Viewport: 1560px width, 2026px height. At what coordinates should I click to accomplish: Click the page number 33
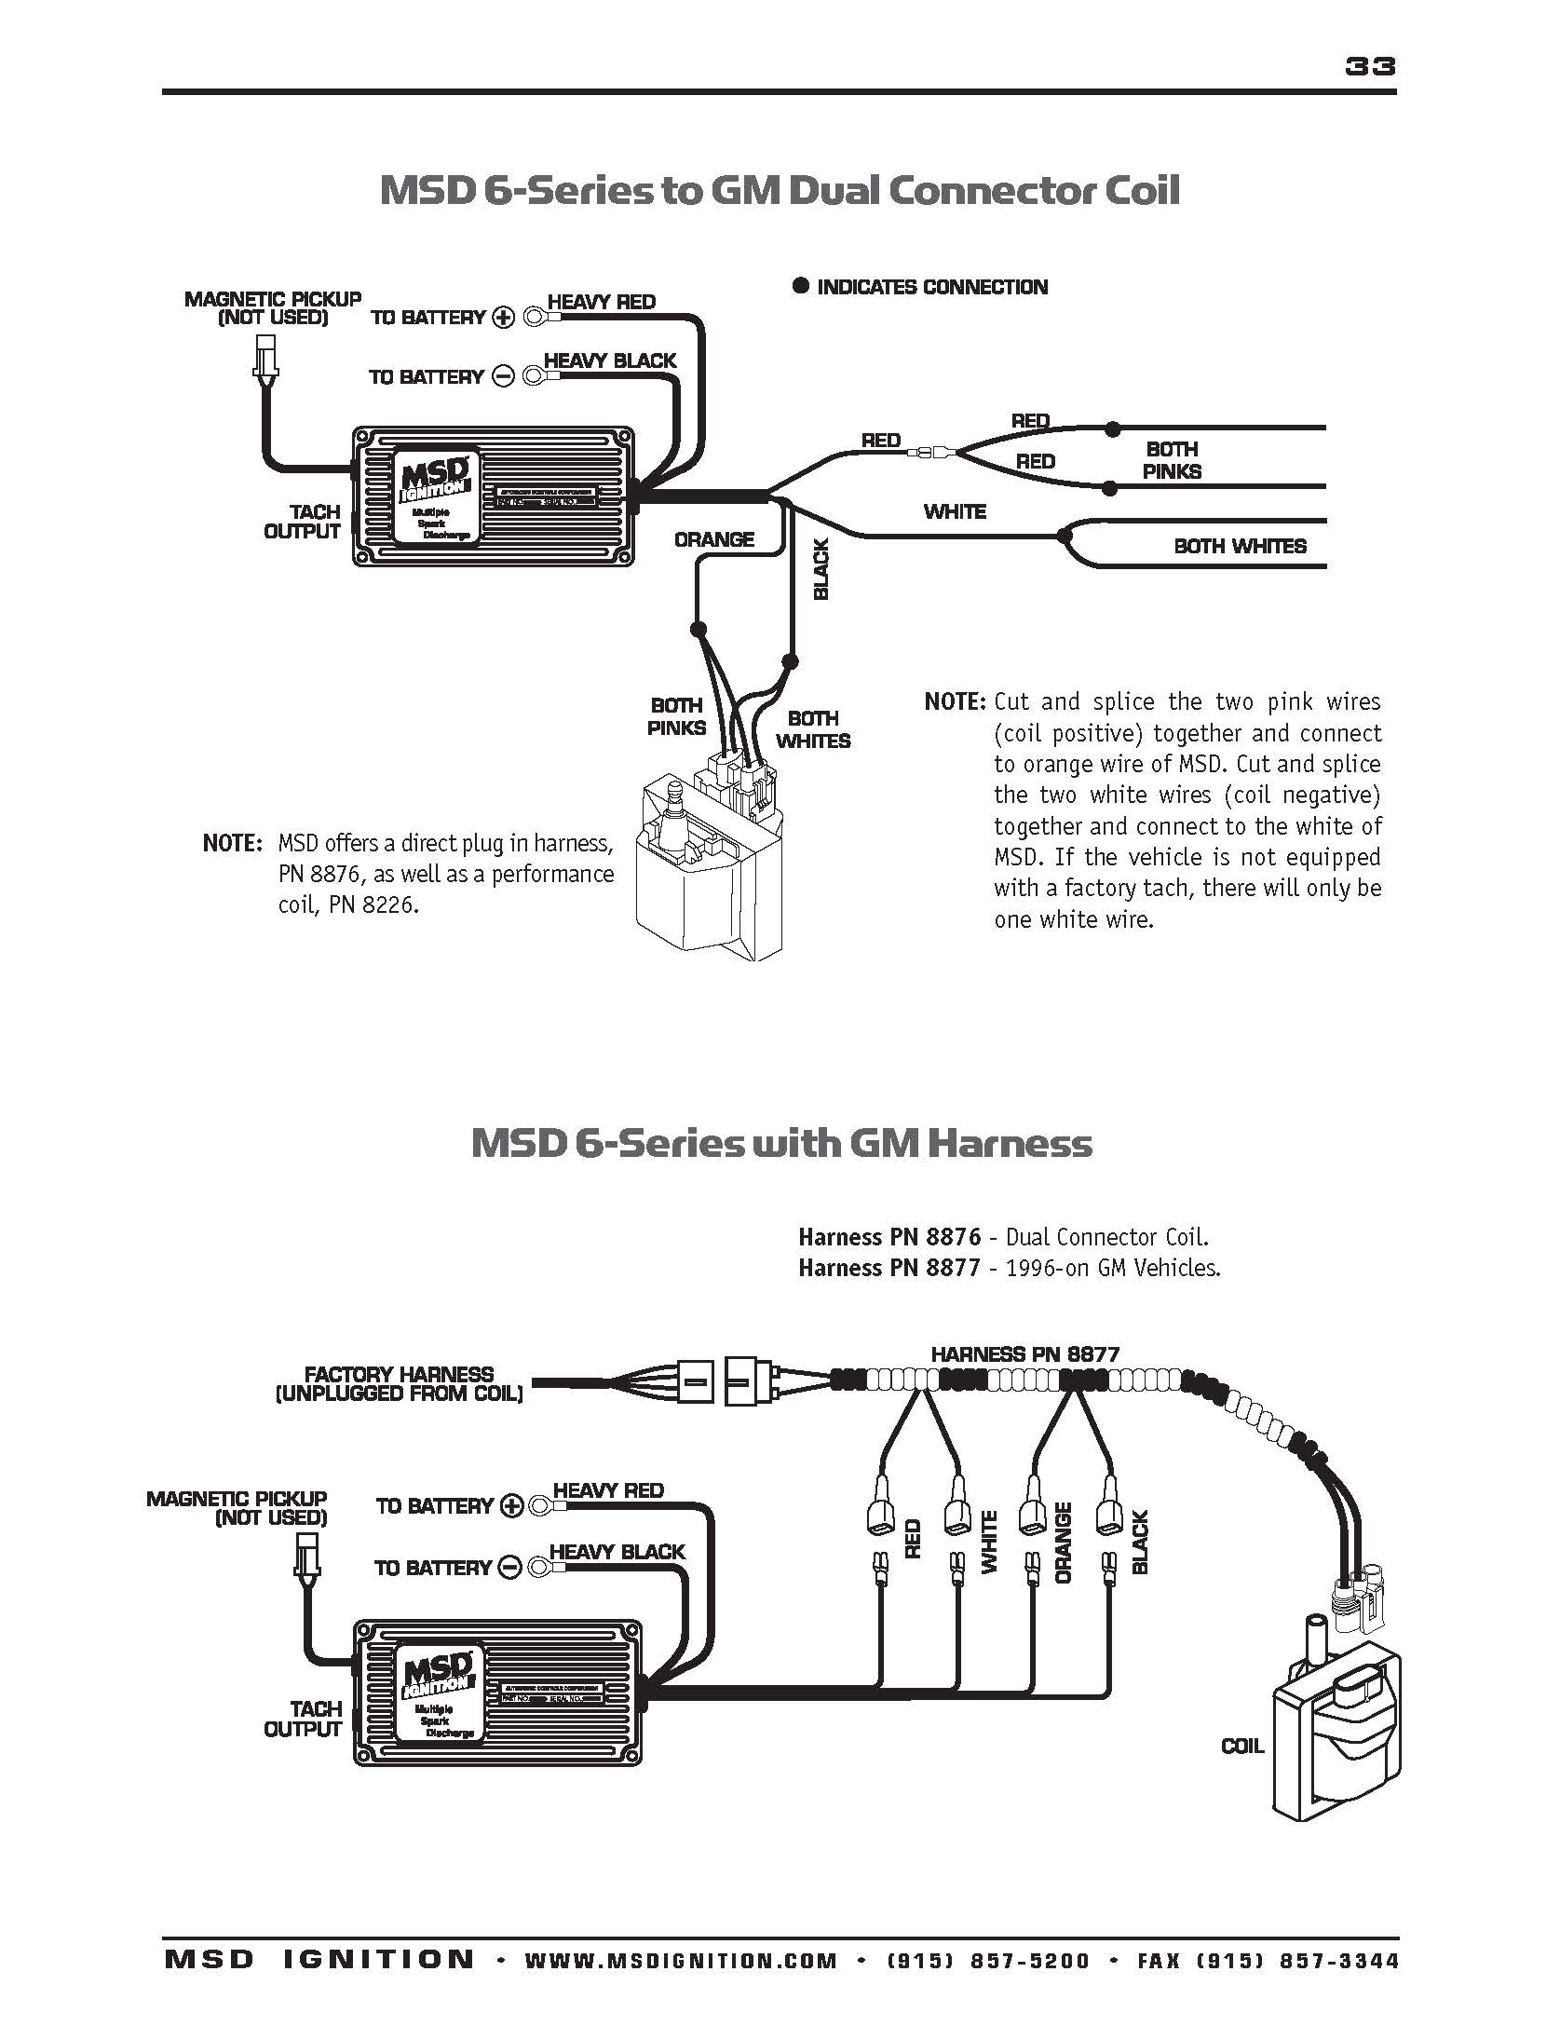pyautogui.click(x=1369, y=66)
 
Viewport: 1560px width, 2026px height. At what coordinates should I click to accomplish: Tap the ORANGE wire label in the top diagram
pyautogui.click(x=713, y=539)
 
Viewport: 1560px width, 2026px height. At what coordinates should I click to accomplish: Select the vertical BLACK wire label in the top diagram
pyautogui.click(x=821, y=570)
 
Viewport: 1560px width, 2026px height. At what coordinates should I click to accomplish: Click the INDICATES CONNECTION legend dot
pyautogui.click(x=800, y=286)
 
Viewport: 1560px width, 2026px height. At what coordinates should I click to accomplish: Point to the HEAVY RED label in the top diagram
pyautogui.click(x=601, y=302)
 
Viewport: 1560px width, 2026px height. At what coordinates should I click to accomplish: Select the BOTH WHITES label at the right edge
pyautogui.click(x=1240, y=546)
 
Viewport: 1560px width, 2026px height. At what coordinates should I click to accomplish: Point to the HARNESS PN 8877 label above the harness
pyautogui.click(x=1024, y=1353)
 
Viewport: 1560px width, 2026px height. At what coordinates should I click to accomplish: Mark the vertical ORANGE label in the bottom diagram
pyautogui.click(x=1064, y=1543)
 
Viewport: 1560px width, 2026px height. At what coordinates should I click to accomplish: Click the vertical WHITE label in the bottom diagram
pyautogui.click(x=989, y=1543)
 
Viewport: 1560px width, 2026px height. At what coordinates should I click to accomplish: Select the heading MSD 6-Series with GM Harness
pyautogui.click(x=780, y=1143)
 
